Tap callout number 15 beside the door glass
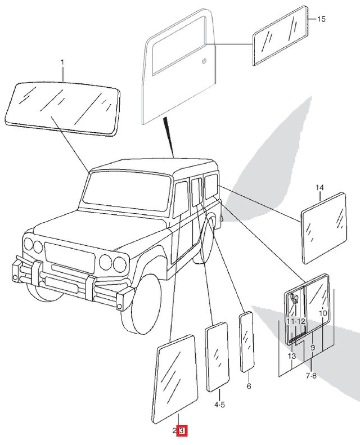321,19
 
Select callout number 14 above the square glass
319,187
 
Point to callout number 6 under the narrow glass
248,386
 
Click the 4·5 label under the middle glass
219,404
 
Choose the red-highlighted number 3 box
182,430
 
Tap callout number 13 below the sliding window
291,357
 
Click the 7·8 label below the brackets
311,375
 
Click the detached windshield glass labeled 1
62,107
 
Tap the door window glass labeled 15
280,34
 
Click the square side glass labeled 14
323,228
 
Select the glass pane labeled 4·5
217,357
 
